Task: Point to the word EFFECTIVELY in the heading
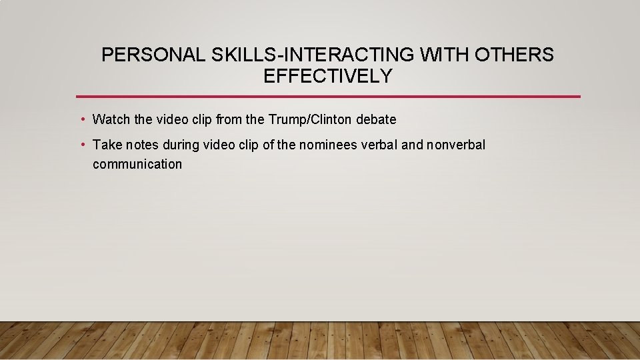327,77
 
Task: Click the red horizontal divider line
327,97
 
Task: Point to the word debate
377,120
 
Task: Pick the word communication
137,164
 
